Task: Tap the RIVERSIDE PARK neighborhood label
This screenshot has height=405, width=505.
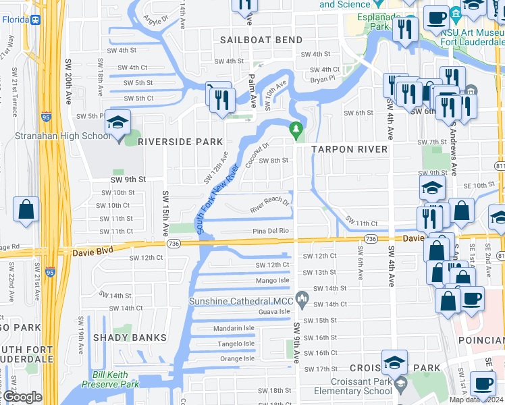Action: click(180, 142)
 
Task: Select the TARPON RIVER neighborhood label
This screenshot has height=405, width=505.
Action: click(350, 148)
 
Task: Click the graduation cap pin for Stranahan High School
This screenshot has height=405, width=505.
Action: click(117, 125)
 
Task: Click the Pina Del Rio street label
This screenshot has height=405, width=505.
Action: click(271, 231)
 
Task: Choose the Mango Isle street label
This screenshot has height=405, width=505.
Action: click(273, 280)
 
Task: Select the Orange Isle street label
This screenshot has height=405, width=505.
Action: click(237, 358)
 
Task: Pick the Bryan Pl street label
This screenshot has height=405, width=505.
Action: click(323, 78)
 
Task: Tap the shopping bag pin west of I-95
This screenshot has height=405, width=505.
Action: click(26, 210)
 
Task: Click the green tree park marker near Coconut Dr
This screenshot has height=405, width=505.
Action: click(294, 128)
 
